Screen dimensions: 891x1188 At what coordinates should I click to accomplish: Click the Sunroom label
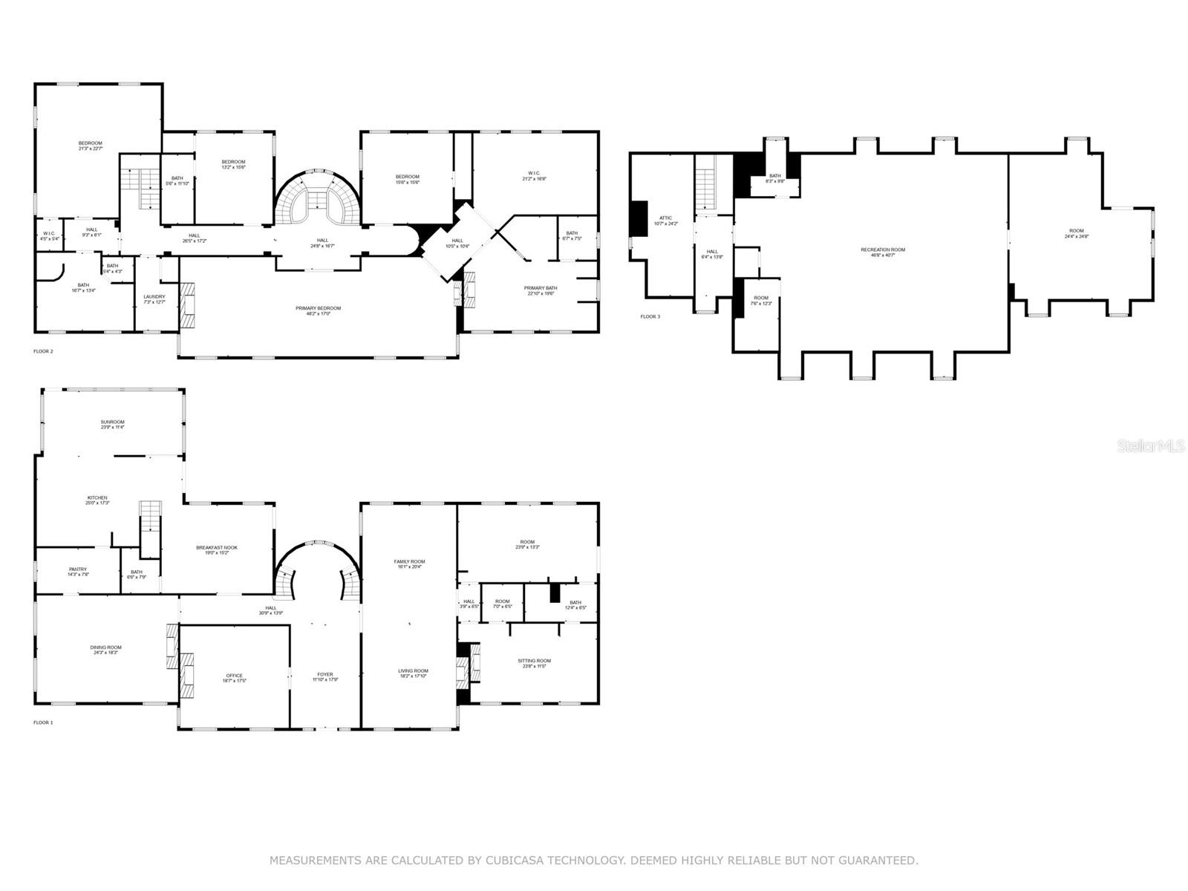point(113,424)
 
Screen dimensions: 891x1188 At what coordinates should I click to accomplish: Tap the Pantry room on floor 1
point(78,572)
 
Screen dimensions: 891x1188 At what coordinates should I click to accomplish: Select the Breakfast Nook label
point(217,549)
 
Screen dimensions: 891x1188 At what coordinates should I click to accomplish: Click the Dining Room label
point(106,650)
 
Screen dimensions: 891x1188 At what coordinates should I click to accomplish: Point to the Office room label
point(234,678)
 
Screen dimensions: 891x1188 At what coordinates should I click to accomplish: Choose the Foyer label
point(325,676)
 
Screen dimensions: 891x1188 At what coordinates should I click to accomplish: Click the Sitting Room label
point(534,663)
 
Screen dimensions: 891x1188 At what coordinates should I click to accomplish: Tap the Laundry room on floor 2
point(154,298)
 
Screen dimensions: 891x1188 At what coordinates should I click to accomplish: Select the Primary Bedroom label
point(318,310)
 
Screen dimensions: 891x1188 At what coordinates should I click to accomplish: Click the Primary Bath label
point(540,290)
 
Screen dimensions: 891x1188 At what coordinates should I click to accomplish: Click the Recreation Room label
point(883,252)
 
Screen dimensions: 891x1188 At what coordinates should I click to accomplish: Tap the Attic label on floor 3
point(665,221)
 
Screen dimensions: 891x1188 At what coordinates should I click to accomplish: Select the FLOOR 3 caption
point(650,317)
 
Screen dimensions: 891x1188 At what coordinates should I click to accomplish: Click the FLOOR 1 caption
point(43,722)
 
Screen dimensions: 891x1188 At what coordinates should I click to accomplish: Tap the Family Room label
point(409,564)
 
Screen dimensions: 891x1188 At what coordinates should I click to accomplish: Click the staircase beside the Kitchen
point(151,529)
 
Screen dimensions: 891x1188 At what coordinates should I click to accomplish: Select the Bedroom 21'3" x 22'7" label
point(91,146)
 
